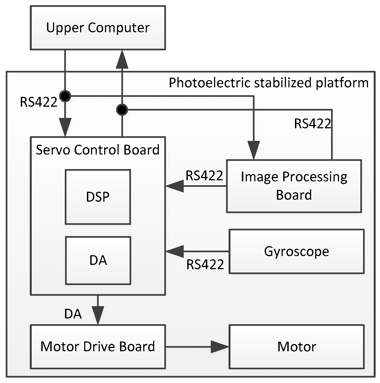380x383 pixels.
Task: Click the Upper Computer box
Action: point(98,28)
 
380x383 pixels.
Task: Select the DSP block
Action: point(98,197)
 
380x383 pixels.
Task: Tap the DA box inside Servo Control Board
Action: point(98,260)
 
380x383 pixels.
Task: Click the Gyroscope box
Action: point(297,251)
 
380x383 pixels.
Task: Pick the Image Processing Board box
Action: point(294,186)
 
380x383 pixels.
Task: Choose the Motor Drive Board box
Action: point(98,347)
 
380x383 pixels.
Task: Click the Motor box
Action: point(297,347)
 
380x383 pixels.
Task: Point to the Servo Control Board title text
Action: point(98,150)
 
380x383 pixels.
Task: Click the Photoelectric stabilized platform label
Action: point(269,83)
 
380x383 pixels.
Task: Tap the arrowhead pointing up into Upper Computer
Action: point(122,60)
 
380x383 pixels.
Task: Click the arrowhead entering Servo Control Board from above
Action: point(65,127)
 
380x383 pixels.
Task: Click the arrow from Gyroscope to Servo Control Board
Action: point(197,251)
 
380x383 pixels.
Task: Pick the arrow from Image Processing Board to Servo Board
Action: point(196,186)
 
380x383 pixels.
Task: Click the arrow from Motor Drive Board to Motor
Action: point(197,347)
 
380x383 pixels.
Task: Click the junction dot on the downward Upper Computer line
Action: point(65,96)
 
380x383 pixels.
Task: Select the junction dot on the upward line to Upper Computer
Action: point(122,110)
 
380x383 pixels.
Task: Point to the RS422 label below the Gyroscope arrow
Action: point(205,265)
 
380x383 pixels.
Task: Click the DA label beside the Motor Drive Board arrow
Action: point(73,314)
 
